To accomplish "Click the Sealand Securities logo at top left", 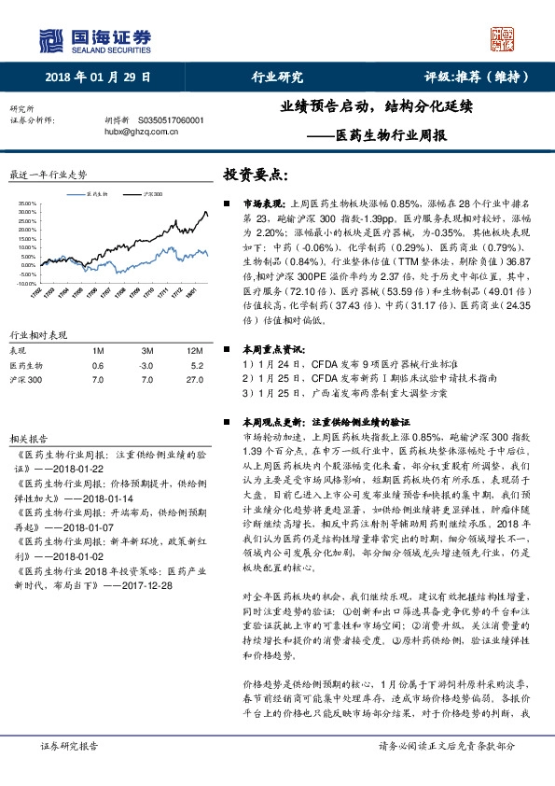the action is coord(93,39).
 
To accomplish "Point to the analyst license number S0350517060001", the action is coord(171,120).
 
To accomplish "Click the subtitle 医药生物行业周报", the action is coord(388,134).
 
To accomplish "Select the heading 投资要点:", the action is coord(255,175).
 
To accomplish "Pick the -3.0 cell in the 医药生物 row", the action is coord(145,365).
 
